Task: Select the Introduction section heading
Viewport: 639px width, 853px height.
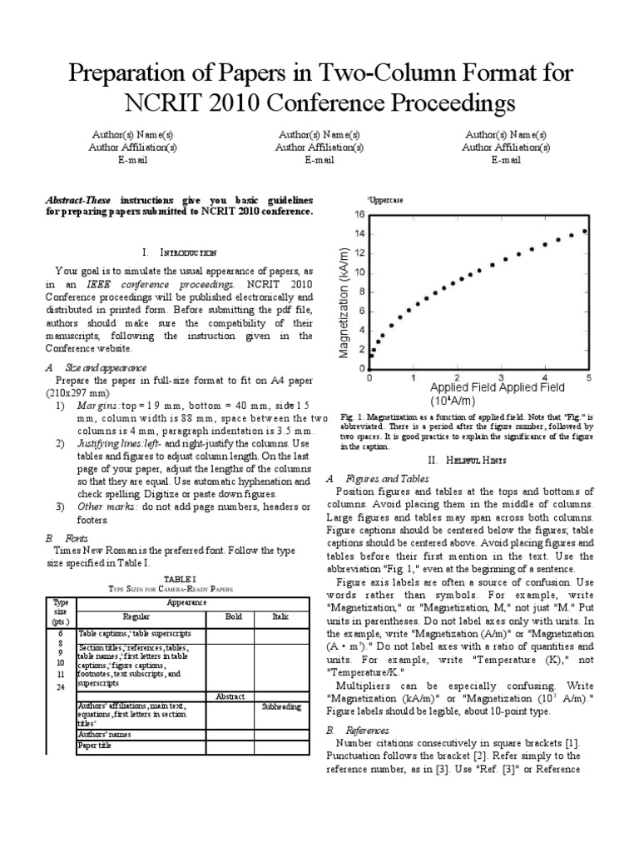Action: tap(180, 251)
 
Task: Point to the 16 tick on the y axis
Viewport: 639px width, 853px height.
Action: tap(359, 214)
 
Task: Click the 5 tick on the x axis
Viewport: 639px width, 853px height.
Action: tap(589, 377)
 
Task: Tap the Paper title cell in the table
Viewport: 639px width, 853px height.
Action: tap(94, 746)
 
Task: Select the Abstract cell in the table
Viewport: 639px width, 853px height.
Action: tap(229, 695)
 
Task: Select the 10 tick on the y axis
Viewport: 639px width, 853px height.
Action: tap(359, 272)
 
